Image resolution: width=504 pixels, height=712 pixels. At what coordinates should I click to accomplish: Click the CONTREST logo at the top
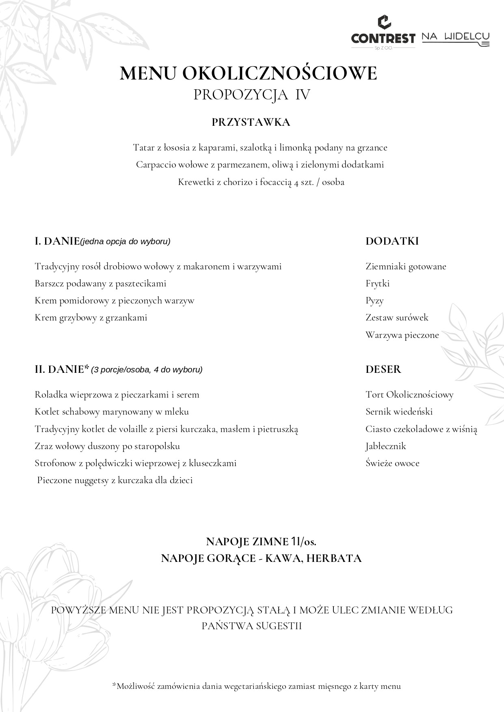(383, 32)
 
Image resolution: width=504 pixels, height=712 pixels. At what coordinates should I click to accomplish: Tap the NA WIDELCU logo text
(455, 37)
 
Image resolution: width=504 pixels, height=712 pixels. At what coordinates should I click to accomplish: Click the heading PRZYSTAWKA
(251, 122)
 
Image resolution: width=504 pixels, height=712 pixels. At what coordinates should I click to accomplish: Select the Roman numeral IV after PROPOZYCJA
(303, 95)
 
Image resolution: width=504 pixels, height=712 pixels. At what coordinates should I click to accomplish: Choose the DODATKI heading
(392, 241)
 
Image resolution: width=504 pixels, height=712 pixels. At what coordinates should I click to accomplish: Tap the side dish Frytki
(377, 284)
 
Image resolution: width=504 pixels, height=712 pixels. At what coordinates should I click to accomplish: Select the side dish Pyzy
(374, 301)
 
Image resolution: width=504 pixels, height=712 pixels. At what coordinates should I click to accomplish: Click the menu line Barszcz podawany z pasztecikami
(100, 284)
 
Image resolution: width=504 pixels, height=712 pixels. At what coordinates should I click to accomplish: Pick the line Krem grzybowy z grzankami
(91, 318)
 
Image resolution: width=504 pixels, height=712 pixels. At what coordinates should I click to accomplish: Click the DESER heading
(383, 369)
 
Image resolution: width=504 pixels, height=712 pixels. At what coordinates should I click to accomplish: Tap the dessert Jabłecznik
(385, 446)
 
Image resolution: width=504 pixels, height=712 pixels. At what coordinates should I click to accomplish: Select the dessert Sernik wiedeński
(399, 412)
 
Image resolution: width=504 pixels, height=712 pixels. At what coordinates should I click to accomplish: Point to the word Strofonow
(55, 463)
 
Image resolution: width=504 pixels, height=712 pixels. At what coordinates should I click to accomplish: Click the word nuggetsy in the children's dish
(92, 481)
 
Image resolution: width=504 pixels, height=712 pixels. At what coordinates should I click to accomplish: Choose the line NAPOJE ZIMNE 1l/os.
(261, 542)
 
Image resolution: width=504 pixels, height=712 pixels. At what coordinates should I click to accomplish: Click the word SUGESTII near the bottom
(279, 626)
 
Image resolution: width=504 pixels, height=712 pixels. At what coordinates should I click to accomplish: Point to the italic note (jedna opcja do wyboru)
(125, 242)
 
